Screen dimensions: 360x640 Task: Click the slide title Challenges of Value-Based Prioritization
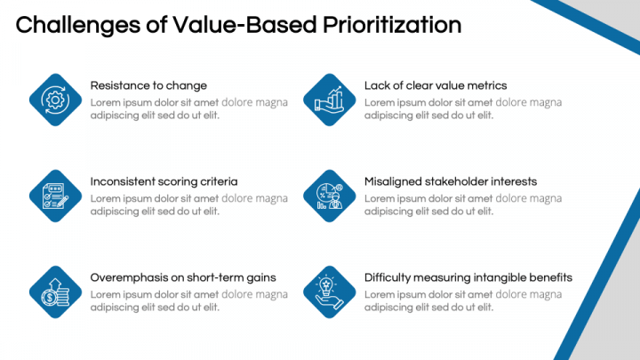(238, 25)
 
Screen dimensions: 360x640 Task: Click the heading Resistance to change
(148, 86)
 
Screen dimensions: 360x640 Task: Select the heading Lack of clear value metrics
(436, 86)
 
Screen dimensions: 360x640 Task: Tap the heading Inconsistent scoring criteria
(164, 181)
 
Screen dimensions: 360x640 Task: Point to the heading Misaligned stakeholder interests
(451, 181)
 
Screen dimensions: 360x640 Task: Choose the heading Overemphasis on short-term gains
(183, 277)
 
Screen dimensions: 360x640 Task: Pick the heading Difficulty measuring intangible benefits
(468, 277)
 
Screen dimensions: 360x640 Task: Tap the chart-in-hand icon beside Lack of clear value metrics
(330, 100)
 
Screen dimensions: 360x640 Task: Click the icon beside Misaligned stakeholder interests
(330, 196)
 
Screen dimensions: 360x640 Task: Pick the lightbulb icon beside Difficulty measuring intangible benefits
(330, 292)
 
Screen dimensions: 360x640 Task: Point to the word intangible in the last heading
(499, 277)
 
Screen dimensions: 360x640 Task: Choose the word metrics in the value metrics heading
(487, 86)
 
